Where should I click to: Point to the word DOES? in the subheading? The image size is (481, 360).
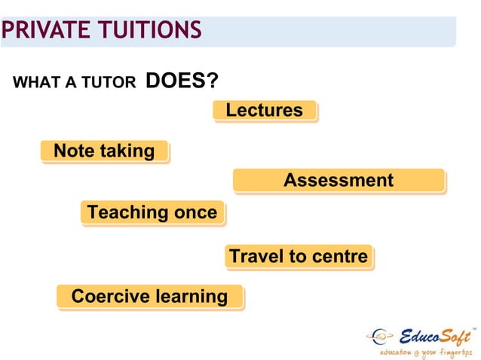pos(176,81)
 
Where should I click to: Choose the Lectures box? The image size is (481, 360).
pos(264,111)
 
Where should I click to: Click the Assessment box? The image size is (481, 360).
pos(338,181)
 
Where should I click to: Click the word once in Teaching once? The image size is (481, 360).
pos(196,213)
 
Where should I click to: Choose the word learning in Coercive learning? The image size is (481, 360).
pos(191,297)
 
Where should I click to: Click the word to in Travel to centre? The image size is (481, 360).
pos(298,257)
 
